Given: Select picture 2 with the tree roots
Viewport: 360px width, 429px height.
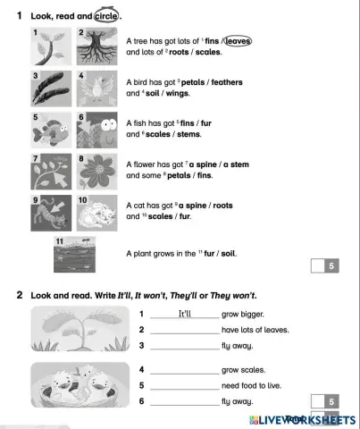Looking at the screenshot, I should (93, 46).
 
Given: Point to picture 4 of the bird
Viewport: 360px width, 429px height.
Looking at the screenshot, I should (93, 89).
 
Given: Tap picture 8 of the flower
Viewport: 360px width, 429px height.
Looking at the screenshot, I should (93, 172).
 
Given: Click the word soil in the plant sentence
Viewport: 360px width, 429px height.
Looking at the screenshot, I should (227, 253).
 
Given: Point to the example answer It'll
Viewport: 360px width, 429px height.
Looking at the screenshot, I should (185, 315).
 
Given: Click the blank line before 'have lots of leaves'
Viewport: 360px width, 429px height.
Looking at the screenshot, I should (184, 331).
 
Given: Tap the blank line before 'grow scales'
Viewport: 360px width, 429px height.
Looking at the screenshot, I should (184, 370).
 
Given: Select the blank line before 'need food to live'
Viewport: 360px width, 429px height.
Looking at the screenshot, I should (184, 386).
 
